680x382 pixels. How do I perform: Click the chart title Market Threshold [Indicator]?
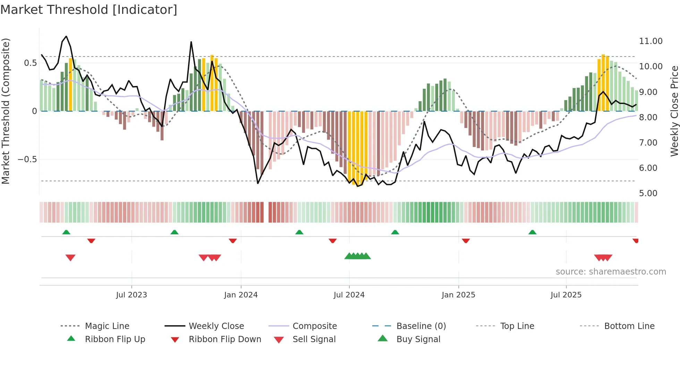pyautogui.click(x=89, y=10)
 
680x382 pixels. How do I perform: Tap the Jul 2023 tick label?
pyautogui.click(x=131, y=295)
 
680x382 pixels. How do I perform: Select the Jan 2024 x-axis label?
pyautogui.click(x=241, y=295)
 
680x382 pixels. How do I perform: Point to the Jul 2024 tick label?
pyautogui.click(x=349, y=295)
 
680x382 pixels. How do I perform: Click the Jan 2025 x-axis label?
pyautogui.click(x=458, y=295)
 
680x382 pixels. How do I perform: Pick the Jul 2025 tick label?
pyautogui.click(x=566, y=295)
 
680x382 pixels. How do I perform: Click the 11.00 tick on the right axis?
pyautogui.click(x=651, y=41)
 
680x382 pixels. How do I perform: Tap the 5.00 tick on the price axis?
pyautogui.click(x=648, y=193)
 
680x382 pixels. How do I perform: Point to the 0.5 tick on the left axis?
pyautogui.click(x=30, y=63)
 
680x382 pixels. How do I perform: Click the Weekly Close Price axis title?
pyautogui.click(x=674, y=111)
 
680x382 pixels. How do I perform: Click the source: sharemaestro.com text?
pyautogui.click(x=611, y=272)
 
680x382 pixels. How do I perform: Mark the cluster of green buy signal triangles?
pyautogui.click(x=358, y=256)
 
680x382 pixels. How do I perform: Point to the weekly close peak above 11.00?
pyautogui.click(x=66, y=36)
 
